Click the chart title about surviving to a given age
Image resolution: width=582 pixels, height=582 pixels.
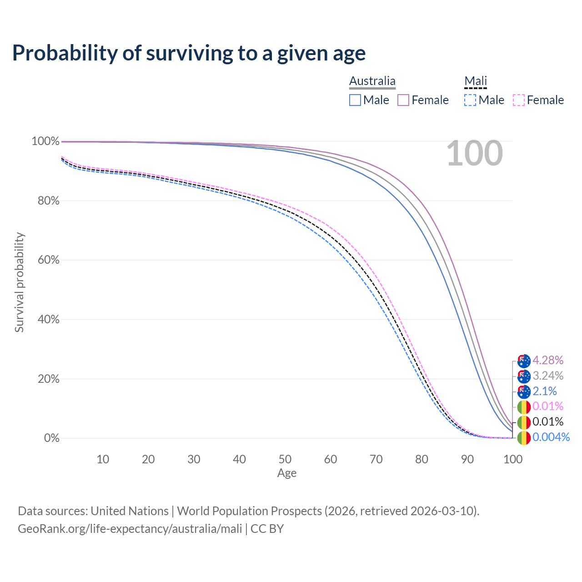click(x=189, y=53)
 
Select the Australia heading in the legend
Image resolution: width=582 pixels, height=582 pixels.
click(x=372, y=81)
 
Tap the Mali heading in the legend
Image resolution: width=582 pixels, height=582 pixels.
click(x=476, y=81)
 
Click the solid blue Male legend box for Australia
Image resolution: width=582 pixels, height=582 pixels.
click(x=355, y=100)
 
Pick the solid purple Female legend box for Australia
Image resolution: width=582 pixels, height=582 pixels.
click(x=404, y=100)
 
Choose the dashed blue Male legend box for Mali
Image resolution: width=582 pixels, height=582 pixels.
click(x=470, y=100)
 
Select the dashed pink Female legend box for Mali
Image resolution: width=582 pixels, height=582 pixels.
click(x=519, y=100)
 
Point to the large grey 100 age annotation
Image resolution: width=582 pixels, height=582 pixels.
click(x=475, y=154)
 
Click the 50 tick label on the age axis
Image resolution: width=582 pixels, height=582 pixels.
click(x=285, y=459)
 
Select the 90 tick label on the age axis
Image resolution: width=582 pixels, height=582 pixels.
click(x=467, y=459)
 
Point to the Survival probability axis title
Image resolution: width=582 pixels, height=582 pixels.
click(x=19, y=282)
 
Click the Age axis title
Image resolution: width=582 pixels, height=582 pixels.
click(x=287, y=473)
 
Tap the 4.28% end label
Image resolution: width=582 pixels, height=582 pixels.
click(x=548, y=361)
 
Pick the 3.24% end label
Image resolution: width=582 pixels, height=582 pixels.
click(x=548, y=376)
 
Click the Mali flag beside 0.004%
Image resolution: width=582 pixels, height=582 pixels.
click(x=524, y=438)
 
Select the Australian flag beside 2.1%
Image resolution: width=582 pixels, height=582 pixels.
click(x=524, y=391)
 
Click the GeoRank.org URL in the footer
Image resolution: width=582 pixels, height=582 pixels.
click(x=130, y=529)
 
